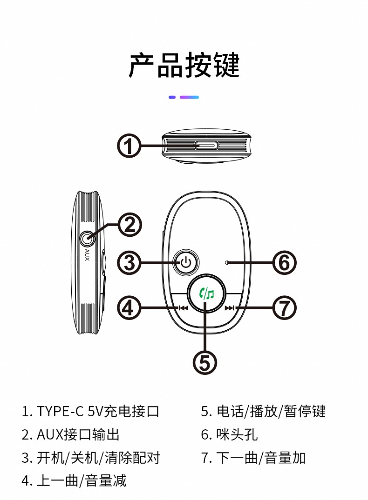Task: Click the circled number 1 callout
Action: coord(129,146)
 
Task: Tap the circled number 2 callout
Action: coord(129,225)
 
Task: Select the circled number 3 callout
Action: coord(129,263)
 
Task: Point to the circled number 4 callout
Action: coord(129,308)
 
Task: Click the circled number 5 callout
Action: coord(205,363)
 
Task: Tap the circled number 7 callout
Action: coord(284,308)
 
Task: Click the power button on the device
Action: coord(186,263)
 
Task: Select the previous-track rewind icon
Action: coord(183,308)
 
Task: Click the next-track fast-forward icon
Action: coord(230,308)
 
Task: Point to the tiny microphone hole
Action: coord(227,263)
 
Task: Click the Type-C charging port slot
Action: coord(206,146)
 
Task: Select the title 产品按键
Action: coord(184,65)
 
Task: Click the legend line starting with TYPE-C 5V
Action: coord(90,411)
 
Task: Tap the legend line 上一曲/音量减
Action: coord(74,480)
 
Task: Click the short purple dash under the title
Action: coord(172,97)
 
